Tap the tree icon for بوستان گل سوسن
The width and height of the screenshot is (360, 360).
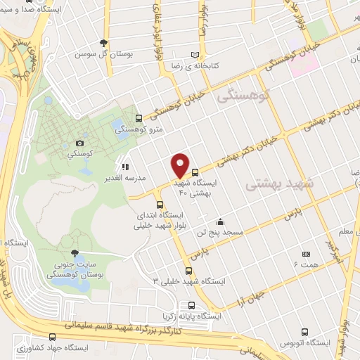[104, 43]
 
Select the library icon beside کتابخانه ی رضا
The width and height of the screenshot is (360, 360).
[195, 54]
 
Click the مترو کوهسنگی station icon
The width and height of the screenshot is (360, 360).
[139, 118]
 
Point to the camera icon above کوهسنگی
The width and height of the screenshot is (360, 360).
[79, 143]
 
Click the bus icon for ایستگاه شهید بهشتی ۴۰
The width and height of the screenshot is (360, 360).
[195, 171]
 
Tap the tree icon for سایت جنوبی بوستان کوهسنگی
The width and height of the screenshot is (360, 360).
[75, 254]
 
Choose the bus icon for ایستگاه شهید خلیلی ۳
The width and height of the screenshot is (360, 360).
[188, 271]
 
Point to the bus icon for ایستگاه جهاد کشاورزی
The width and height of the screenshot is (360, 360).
[51, 337]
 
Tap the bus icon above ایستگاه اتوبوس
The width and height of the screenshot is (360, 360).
[304, 332]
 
